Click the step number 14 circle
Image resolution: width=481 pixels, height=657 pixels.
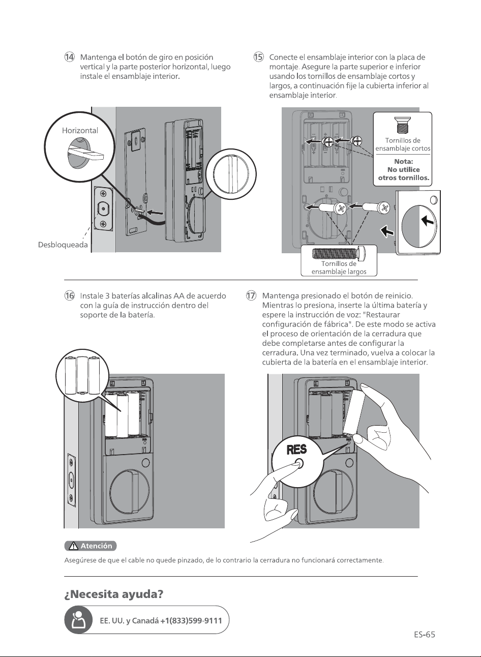click(x=70, y=57)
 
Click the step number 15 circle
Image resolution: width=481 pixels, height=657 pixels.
click(x=258, y=57)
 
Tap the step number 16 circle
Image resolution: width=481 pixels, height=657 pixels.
click(x=70, y=295)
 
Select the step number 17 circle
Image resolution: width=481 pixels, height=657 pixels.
click(x=251, y=295)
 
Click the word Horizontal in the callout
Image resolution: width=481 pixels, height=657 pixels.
click(x=80, y=131)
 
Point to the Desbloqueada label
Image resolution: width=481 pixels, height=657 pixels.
click(x=63, y=245)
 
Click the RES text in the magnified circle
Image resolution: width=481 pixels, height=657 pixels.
click(x=296, y=450)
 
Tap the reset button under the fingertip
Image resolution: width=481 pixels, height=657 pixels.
click(x=299, y=464)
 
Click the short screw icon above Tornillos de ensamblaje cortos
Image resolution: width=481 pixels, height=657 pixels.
click(x=402, y=125)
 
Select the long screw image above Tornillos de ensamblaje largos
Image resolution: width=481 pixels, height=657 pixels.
click(x=339, y=253)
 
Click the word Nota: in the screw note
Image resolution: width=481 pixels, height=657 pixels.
click(x=403, y=161)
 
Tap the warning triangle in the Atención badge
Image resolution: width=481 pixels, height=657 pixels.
click(x=73, y=546)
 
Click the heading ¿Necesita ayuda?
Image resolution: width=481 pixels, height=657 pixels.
click(x=114, y=594)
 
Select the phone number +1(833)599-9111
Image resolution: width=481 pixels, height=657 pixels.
click(x=191, y=621)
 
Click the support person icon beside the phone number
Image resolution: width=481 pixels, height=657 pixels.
click(x=78, y=620)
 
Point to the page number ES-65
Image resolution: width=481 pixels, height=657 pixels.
click(x=425, y=635)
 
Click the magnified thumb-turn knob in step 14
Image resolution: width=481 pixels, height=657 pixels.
click(x=231, y=174)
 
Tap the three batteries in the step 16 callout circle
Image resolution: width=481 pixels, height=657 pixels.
click(x=82, y=375)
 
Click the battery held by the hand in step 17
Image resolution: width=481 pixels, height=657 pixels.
click(x=354, y=412)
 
